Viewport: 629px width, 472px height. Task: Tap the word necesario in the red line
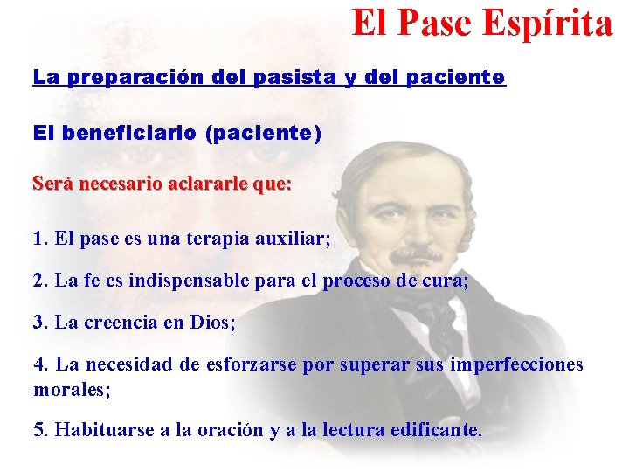[119, 184]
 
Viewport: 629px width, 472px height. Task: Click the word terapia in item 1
[215, 239]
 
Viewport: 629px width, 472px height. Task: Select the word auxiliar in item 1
[292, 239]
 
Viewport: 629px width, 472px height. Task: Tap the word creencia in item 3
[125, 323]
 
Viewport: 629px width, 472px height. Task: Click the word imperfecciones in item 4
[516, 364]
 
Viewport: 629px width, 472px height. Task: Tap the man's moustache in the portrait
[416, 254]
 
